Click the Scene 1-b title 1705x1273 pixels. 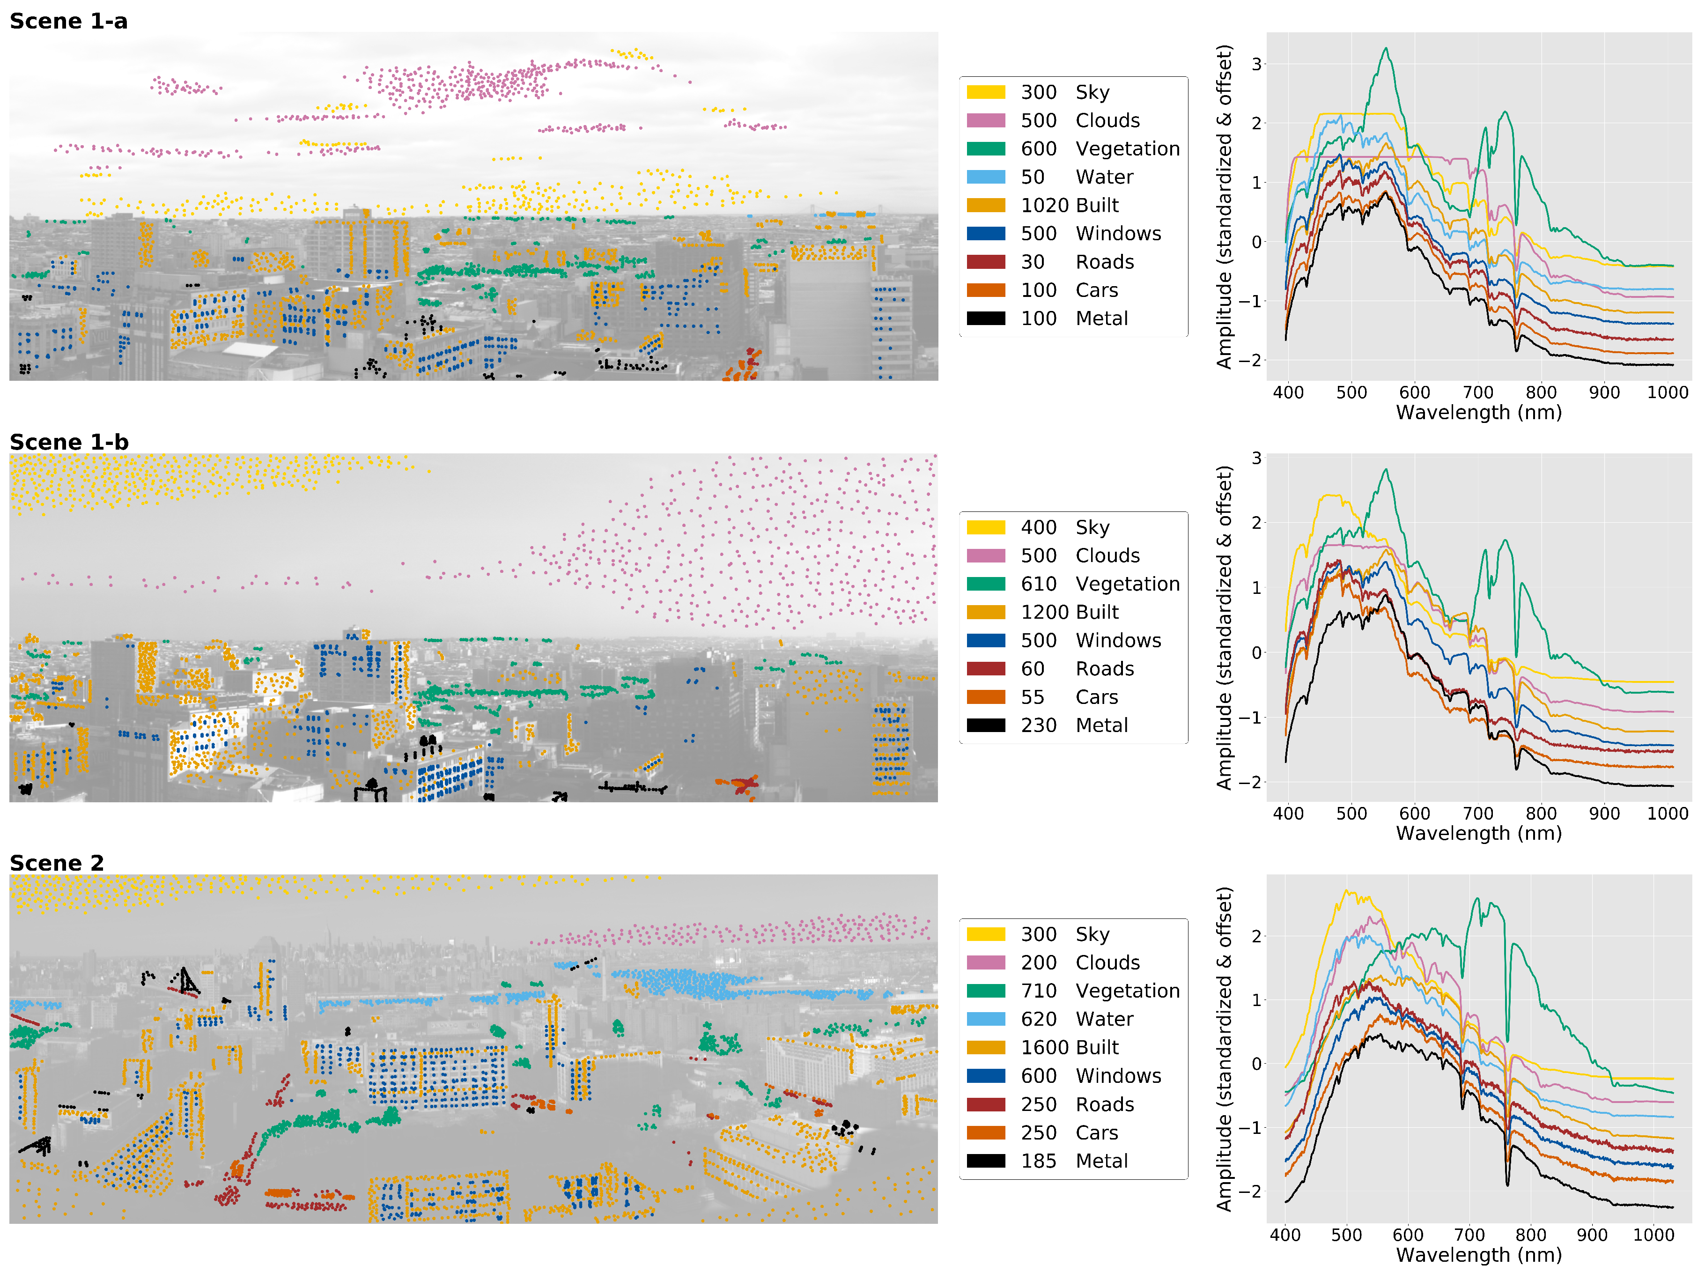[68, 442]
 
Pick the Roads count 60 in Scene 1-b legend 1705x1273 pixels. [1033, 669]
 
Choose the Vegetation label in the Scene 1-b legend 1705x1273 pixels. [1127, 584]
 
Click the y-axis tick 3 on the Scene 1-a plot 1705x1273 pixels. [1256, 64]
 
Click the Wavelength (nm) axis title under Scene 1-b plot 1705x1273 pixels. [1478, 833]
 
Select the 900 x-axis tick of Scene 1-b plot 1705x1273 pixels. [1603, 813]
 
